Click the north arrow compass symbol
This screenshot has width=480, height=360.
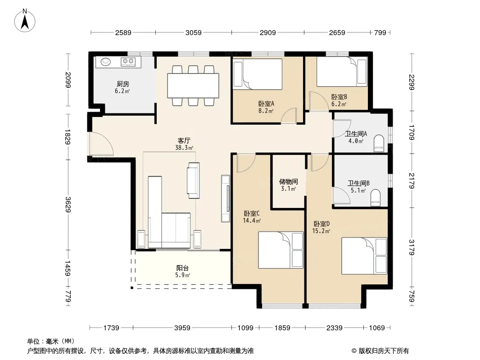tap(25, 21)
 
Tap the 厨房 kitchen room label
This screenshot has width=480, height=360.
tap(123, 84)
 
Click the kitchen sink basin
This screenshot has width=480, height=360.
tap(106, 62)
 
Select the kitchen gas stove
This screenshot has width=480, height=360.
tap(128, 62)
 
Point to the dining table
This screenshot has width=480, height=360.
tap(193, 85)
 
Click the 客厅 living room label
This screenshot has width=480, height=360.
tap(184, 141)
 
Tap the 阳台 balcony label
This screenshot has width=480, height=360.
tap(183, 268)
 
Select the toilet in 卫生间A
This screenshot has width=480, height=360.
tap(379, 143)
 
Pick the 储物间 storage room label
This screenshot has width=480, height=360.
tap(288, 182)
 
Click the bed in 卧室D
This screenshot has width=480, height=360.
tap(364, 256)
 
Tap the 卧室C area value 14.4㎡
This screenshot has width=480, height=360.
tap(252, 220)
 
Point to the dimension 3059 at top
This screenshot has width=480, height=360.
tap(194, 32)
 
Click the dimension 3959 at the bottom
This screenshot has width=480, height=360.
tap(182, 328)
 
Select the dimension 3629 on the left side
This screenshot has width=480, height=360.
tap(68, 205)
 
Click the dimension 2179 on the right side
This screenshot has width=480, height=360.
tap(411, 181)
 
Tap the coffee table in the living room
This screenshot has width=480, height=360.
tap(193, 180)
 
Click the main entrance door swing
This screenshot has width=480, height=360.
tap(101, 144)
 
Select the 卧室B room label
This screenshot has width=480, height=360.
tap(339, 97)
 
